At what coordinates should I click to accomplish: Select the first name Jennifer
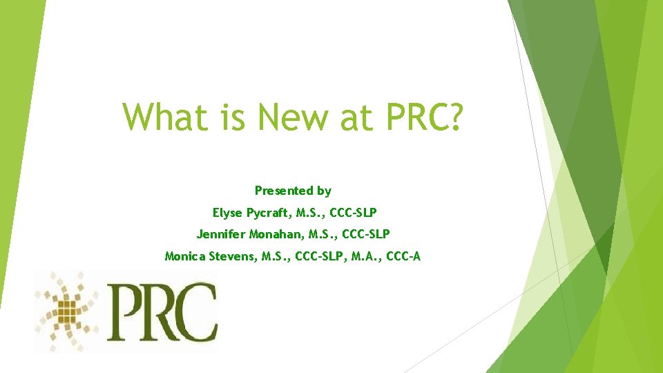click(222, 235)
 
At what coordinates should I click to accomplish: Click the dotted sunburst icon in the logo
click(67, 311)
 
